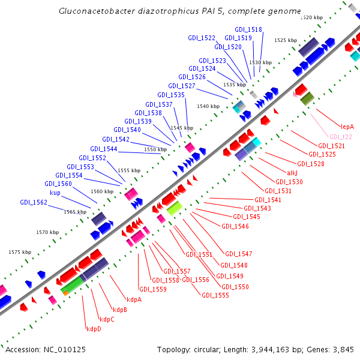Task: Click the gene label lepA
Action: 347,127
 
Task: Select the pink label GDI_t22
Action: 340,136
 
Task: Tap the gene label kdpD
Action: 94,328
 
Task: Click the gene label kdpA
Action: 134,299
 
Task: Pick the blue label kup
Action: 55,193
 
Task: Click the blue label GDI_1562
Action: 34,202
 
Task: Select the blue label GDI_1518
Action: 248,29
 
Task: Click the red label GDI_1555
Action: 215,295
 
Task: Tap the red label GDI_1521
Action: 331,146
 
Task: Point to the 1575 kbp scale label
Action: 19,253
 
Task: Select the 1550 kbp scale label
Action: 155,149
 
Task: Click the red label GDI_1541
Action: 268,200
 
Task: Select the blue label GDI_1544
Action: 104,149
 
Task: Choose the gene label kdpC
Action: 107,319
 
